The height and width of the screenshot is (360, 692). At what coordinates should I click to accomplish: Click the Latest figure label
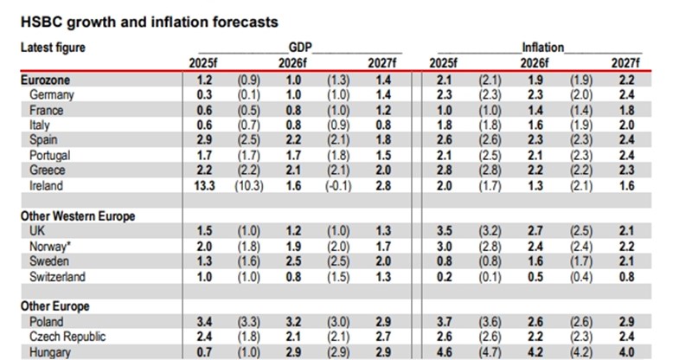click(x=53, y=48)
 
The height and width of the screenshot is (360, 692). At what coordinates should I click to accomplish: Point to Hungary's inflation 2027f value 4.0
click(x=627, y=351)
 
